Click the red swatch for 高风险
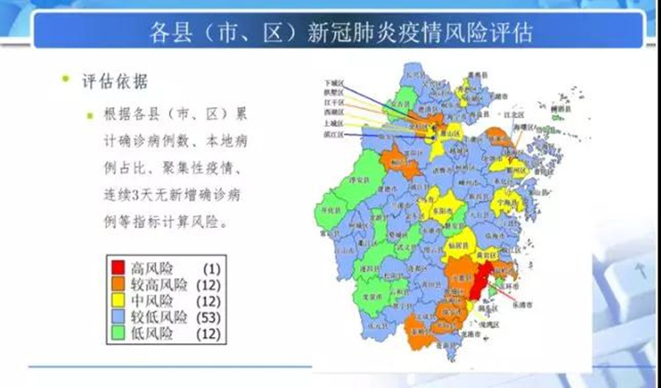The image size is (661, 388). tap(117, 267)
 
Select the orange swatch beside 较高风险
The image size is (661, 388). tap(117, 283)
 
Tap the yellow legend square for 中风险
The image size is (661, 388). tap(117, 299)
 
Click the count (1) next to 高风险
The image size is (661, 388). tap(211, 267)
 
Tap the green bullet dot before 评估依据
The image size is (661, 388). tap(65, 80)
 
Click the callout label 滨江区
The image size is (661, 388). tap(333, 135)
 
